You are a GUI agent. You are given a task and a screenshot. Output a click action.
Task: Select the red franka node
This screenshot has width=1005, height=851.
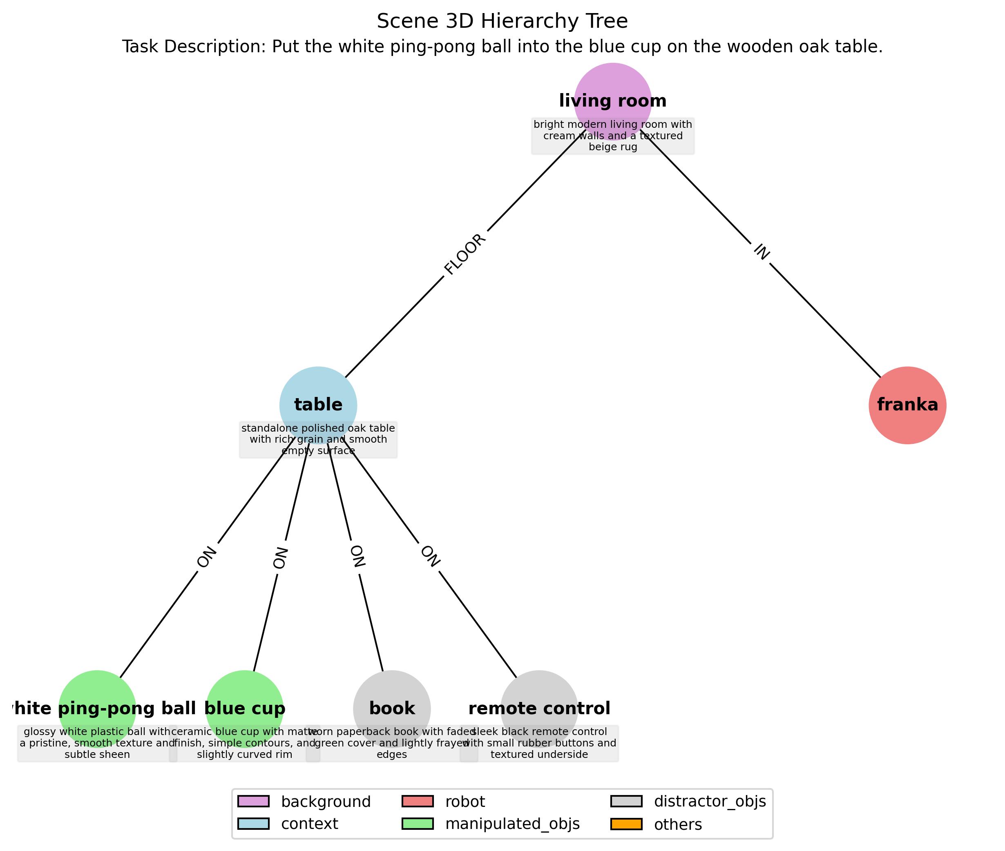(x=907, y=405)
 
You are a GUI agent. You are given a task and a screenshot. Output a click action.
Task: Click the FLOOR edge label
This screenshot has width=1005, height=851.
(x=465, y=254)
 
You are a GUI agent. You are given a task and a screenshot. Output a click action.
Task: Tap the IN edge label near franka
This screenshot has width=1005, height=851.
(x=761, y=252)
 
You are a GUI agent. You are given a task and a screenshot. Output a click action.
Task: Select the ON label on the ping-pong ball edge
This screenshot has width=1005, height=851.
(x=207, y=557)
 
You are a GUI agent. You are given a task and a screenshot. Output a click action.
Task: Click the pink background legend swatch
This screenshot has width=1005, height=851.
(x=253, y=801)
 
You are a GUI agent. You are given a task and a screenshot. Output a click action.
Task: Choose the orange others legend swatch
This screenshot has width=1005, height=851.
(x=626, y=824)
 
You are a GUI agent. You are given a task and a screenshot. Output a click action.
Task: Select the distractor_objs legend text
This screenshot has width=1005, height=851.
(x=710, y=801)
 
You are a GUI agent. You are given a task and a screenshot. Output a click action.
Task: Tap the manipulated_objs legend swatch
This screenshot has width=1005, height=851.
(x=418, y=824)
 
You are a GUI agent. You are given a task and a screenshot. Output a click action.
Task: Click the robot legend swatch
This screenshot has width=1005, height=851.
(x=418, y=801)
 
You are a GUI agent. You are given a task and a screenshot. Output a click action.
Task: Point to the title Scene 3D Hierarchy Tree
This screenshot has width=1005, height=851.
(x=502, y=21)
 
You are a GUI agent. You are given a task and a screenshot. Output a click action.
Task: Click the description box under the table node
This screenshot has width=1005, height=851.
(x=318, y=439)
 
